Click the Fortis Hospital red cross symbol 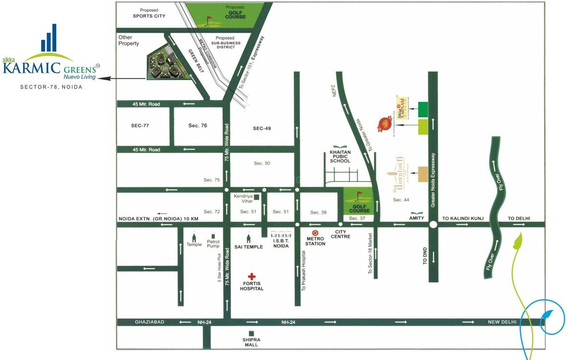pyautogui.click(x=251, y=276)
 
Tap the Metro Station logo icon pyautogui.click(x=315, y=233)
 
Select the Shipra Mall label pyautogui.click(x=251, y=342)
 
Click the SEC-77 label pyautogui.click(x=140, y=126)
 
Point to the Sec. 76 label pyautogui.click(x=198, y=126)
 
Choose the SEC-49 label pyautogui.click(x=262, y=128)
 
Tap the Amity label pyautogui.click(x=416, y=218)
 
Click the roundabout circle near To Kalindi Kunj pyautogui.click(x=433, y=225)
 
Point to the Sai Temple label pyautogui.click(x=249, y=247)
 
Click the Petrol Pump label pyautogui.click(x=213, y=244)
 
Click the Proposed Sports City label pyautogui.click(x=149, y=13)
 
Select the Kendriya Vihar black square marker pyautogui.click(x=257, y=197)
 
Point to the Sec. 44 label pyautogui.click(x=401, y=200)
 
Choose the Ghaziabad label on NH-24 pyautogui.click(x=150, y=322)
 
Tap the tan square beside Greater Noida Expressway pyautogui.click(x=422, y=174)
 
